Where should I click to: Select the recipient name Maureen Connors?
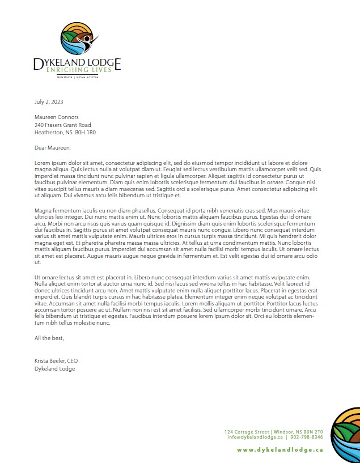click(56, 117)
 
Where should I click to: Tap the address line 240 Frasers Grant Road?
click(62, 125)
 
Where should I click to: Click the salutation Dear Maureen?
click(53, 147)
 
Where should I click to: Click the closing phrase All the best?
click(49, 338)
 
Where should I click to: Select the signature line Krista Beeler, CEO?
click(56, 361)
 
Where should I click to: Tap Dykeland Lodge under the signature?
click(54, 368)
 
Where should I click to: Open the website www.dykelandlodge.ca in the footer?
click(279, 449)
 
